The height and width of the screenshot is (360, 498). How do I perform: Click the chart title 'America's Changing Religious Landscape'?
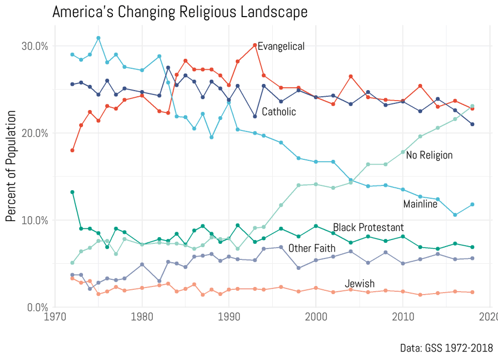[x=180, y=12]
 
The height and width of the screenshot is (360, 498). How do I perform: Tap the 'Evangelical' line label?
[x=281, y=46]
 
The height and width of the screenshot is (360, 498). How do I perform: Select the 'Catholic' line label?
[x=279, y=112]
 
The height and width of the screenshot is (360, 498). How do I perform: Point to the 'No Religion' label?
[x=429, y=155]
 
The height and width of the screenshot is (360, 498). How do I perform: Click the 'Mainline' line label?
[x=420, y=204]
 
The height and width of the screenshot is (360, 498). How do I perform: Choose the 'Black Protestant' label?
[x=368, y=227]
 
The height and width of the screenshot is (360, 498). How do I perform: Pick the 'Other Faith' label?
[x=312, y=248]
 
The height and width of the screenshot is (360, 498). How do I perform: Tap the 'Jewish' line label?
[x=360, y=284]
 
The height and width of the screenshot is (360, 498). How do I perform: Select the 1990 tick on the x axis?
[x=229, y=318]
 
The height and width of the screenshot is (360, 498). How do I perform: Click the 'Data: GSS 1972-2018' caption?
[x=446, y=348]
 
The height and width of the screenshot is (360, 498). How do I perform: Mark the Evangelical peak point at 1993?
[x=255, y=45]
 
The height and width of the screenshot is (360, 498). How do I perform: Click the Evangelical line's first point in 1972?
[x=72, y=150]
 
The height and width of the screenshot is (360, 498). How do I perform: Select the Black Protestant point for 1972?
[x=72, y=192]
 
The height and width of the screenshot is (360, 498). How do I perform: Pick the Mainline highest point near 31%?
[x=98, y=38]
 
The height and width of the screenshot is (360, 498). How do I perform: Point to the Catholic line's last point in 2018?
[x=472, y=124]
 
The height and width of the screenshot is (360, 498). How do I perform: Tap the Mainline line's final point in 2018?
[x=472, y=205]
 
